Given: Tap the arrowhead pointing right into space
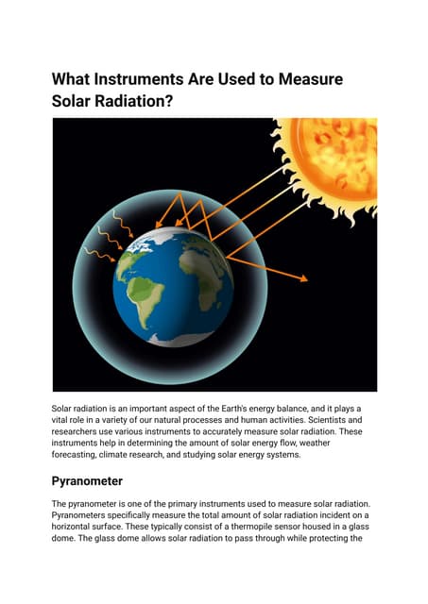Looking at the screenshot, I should (x=305, y=279).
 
